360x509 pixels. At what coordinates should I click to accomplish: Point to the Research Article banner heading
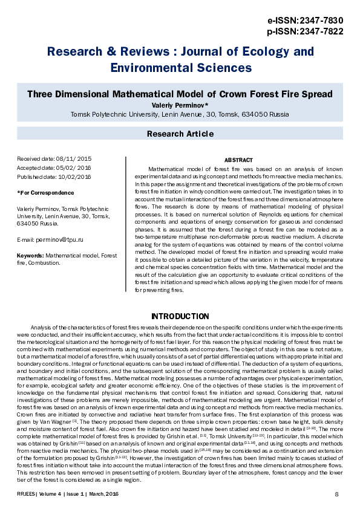tap(180, 133)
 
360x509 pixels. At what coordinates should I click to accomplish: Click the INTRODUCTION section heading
tap(180, 316)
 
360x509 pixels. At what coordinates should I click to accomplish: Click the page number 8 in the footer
tap(336, 495)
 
